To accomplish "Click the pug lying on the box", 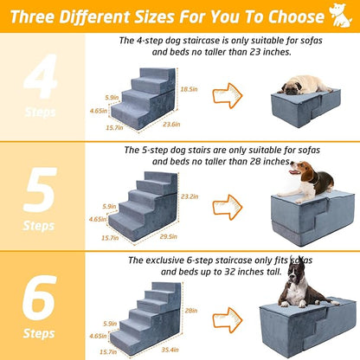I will point(301,84).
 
